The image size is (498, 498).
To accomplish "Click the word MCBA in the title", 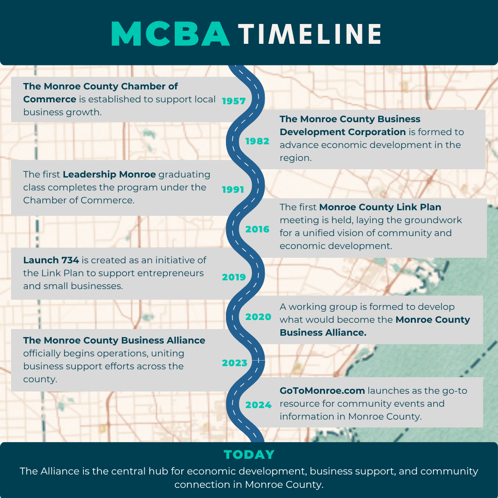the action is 171,34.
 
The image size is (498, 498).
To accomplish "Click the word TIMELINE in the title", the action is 310,34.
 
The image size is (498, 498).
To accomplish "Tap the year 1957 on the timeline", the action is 234,101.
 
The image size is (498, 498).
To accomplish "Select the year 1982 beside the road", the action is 257,141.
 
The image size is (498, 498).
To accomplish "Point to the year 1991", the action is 233,190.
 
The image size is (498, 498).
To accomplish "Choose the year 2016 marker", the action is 257,229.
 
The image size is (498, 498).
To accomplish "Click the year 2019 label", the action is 234,277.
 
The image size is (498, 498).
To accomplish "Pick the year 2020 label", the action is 258,317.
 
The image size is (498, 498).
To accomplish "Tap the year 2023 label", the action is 234,363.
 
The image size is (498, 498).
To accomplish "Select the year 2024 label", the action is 258,405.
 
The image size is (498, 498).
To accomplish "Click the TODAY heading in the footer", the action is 249,455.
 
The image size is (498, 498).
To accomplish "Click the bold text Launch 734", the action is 51,260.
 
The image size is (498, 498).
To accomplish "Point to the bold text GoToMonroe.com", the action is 322,391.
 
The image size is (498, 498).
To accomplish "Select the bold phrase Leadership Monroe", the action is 109,174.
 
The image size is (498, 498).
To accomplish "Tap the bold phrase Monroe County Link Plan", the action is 380,207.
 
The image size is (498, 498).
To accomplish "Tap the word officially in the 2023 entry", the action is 42,354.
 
